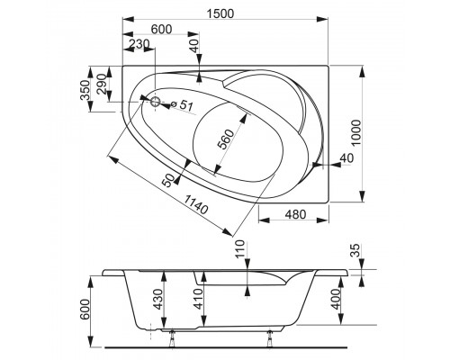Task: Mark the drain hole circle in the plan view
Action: pyautogui.click(x=155, y=102)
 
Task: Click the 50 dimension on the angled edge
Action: pyautogui.click(x=166, y=179)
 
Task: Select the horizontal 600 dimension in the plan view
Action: pyautogui.click(x=160, y=29)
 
